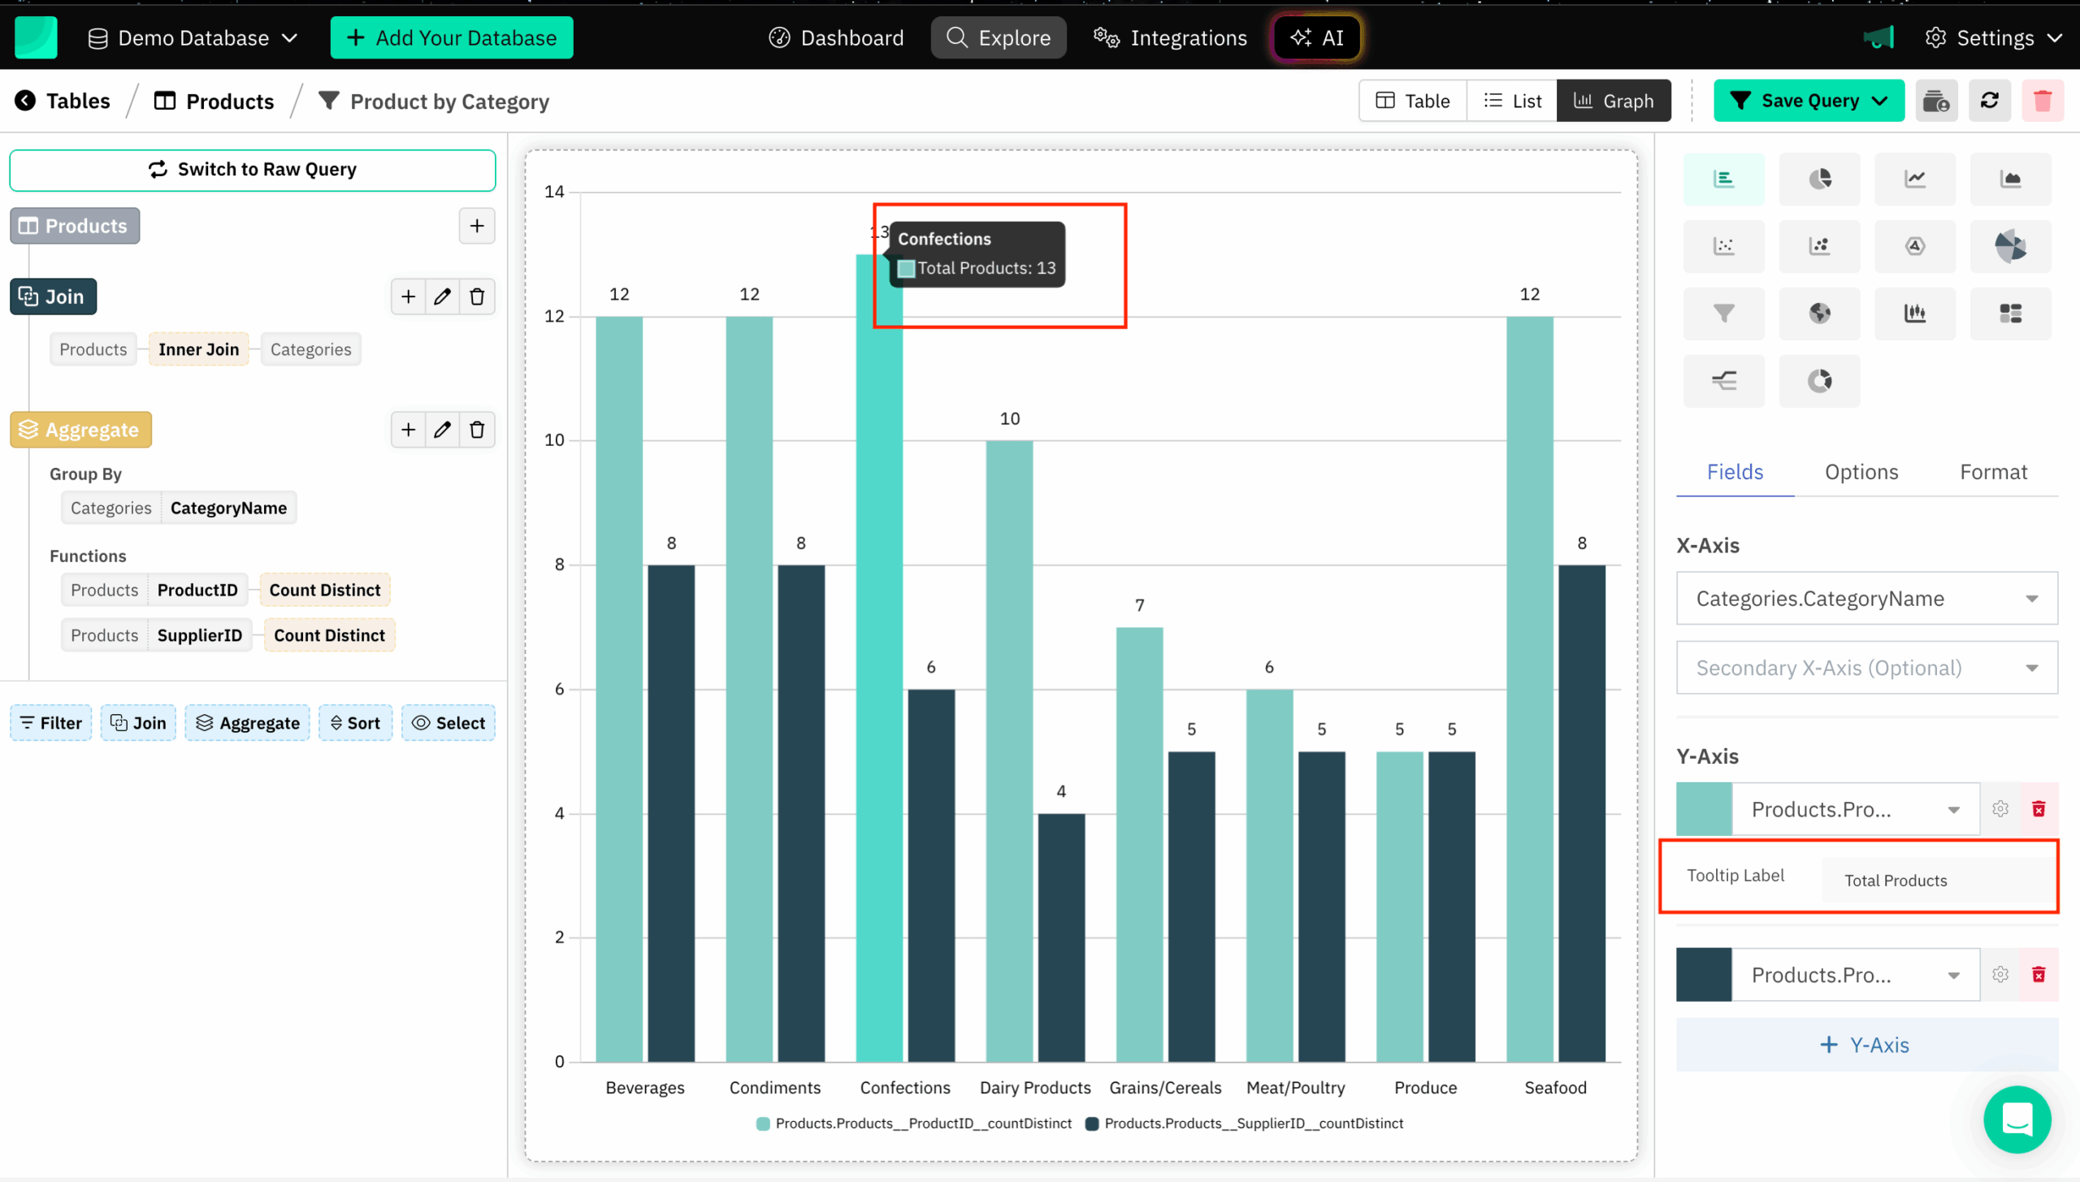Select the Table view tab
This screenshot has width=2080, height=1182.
point(1413,101)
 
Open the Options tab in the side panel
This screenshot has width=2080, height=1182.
point(1861,472)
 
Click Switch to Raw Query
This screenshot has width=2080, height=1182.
point(253,169)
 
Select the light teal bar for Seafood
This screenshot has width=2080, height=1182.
point(1529,691)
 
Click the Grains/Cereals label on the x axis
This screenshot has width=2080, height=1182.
point(1165,1088)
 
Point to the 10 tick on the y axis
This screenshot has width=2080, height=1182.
point(555,440)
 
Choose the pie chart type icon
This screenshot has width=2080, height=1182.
point(1819,179)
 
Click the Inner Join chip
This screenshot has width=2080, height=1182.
point(198,349)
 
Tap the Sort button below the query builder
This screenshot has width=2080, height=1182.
point(355,723)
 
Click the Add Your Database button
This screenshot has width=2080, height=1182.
point(452,37)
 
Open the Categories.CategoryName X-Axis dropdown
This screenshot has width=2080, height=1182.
point(1866,599)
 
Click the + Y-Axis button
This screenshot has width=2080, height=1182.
point(1866,1045)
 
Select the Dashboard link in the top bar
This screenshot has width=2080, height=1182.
point(836,37)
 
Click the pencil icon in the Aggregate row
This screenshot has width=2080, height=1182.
point(442,430)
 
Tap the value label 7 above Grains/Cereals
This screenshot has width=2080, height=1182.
point(1139,605)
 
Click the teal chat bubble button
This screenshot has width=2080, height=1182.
point(2017,1119)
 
